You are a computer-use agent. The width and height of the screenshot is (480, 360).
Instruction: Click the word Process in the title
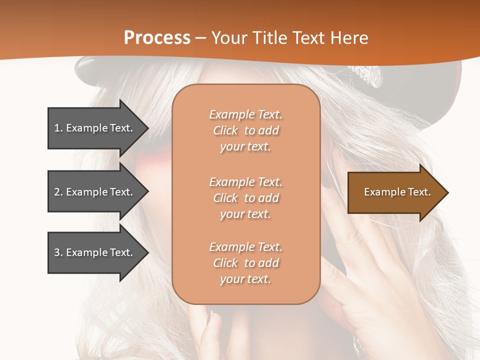click(157, 38)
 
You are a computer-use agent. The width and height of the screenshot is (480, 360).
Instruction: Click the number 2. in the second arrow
click(58, 192)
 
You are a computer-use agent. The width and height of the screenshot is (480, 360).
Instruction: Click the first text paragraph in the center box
click(245, 130)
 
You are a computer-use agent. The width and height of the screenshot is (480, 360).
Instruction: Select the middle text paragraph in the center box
click(245, 198)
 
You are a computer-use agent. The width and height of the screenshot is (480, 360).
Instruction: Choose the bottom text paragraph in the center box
click(245, 263)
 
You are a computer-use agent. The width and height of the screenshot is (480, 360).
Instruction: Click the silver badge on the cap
click(371, 75)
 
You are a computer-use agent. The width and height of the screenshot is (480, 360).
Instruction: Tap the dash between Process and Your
click(201, 38)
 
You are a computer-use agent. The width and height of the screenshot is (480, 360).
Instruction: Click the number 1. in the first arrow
click(58, 128)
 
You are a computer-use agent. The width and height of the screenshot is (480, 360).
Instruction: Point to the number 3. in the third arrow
click(58, 252)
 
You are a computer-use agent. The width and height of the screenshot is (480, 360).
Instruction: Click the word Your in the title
click(230, 38)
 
